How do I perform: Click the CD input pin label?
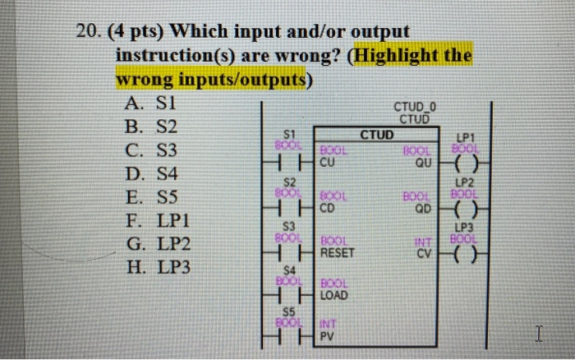point(327,208)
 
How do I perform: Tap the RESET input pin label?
point(336,253)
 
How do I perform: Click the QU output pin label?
point(423,163)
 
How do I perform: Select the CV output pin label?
point(424,253)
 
